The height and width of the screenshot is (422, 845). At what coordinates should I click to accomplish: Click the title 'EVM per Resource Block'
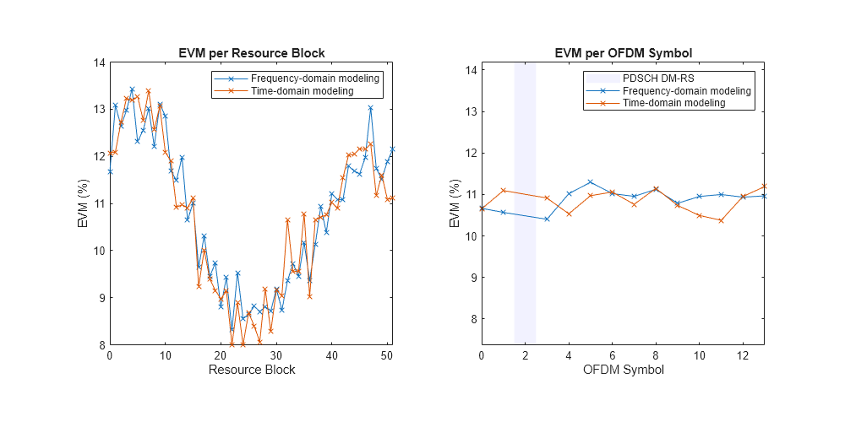click(x=252, y=53)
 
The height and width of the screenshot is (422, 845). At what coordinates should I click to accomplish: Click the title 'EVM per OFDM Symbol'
click(x=624, y=53)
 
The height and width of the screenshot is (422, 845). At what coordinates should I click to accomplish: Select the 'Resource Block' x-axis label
click(x=252, y=370)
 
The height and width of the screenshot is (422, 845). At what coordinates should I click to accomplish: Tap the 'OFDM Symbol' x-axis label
click(x=624, y=370)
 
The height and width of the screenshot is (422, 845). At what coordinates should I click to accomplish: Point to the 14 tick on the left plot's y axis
click(x=99, y=62)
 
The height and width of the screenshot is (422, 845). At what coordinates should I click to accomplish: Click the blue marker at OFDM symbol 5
click(x=590, y=182)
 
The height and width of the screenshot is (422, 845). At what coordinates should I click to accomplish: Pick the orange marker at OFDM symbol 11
click(x=721, y=220)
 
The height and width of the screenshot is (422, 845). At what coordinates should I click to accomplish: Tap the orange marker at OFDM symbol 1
click(x=503, y=191)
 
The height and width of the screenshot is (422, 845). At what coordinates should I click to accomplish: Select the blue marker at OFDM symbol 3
click(x=547, y=219)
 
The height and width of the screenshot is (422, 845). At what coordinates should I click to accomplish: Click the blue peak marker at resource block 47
click(x=371, y=108)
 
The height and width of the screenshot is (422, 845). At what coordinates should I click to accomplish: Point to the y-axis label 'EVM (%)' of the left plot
click(x=82, y=203)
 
